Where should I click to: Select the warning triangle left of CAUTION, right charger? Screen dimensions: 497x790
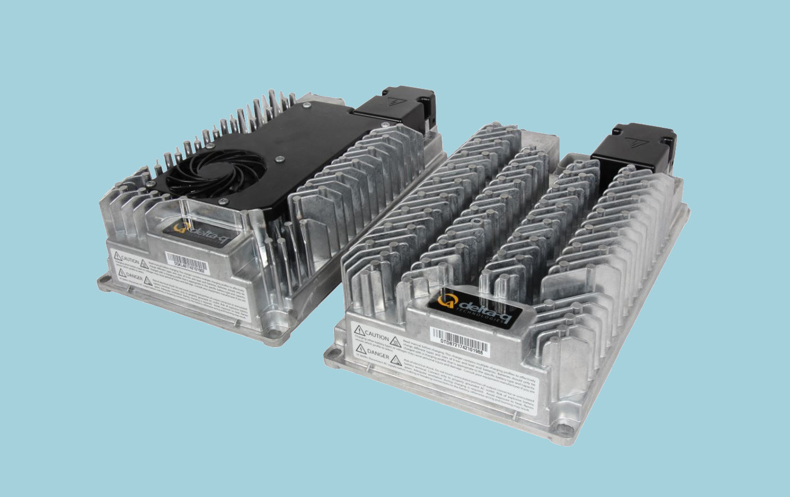359,329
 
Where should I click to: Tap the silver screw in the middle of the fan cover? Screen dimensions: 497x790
278,160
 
